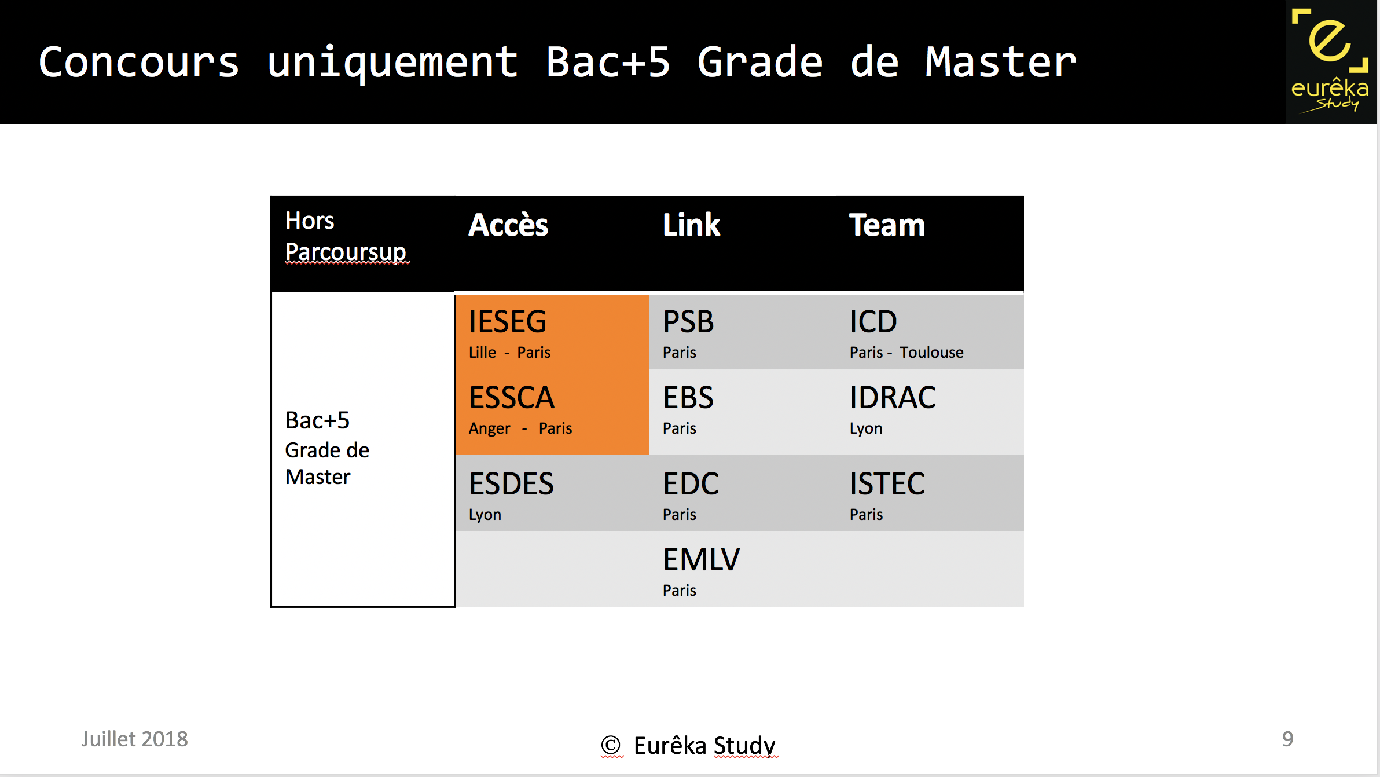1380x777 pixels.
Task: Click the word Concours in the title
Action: point(139,63)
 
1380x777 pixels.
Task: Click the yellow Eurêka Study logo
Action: point(1330,61)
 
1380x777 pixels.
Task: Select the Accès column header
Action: point(508,225)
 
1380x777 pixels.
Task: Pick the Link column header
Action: point(691,225)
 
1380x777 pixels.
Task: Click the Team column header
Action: point(887,225)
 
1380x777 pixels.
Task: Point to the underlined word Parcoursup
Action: point(346,252)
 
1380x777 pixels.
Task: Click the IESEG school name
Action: point(508,322)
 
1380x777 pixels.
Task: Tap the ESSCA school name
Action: point(512,398)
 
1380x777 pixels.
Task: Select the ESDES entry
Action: point(511,484)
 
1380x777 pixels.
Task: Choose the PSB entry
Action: point(688,322)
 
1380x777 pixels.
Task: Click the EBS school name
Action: point(688,398)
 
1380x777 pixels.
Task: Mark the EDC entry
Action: point(691,484)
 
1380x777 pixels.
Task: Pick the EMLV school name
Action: point(701,560)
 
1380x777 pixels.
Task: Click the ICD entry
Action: point(873,322)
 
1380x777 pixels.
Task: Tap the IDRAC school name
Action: point(893,398)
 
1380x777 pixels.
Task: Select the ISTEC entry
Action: point(887,484)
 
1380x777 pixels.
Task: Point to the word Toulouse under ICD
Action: point(931,353)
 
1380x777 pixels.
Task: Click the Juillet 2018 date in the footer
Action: point(134,739)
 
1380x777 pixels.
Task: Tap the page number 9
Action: point(1287,739)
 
